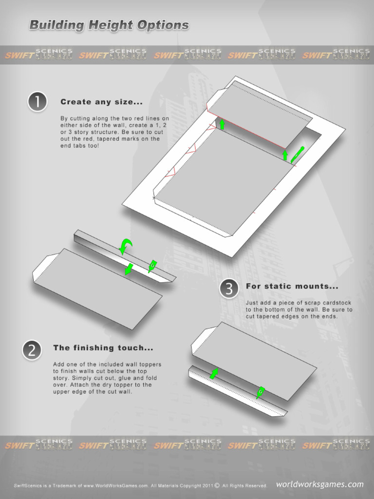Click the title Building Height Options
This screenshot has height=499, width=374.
click(109, 25)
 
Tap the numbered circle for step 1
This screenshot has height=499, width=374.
click(37, 102)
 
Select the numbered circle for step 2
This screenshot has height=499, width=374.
click(32, 350)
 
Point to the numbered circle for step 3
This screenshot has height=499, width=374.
click(229, 288)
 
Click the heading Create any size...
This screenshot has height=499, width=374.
click(101, 102)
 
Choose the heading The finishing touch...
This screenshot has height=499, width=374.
click(103, 348)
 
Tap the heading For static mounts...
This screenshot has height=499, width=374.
click(292, 287)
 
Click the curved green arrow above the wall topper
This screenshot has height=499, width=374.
click(126, 246)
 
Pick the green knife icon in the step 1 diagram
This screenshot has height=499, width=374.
click(297, 154)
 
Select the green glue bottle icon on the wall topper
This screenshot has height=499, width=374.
click(152, 266)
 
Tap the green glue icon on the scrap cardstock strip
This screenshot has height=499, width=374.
click(261, 392)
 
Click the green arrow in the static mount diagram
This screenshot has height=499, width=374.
click(214, 374)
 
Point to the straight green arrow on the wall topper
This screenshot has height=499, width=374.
click(129, 269)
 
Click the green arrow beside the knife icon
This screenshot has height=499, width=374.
click(285, 155)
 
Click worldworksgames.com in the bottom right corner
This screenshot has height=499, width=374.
click(319, 484)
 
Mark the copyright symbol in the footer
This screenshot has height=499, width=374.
click(217, 485)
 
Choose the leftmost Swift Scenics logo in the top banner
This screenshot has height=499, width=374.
click(38, 55)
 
